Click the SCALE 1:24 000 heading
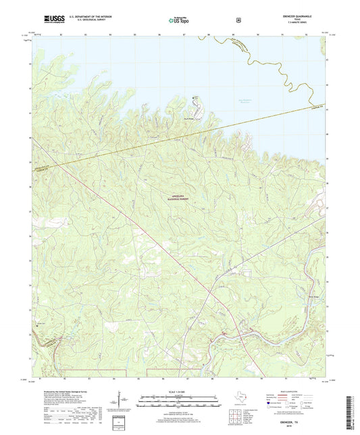[179, 390]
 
